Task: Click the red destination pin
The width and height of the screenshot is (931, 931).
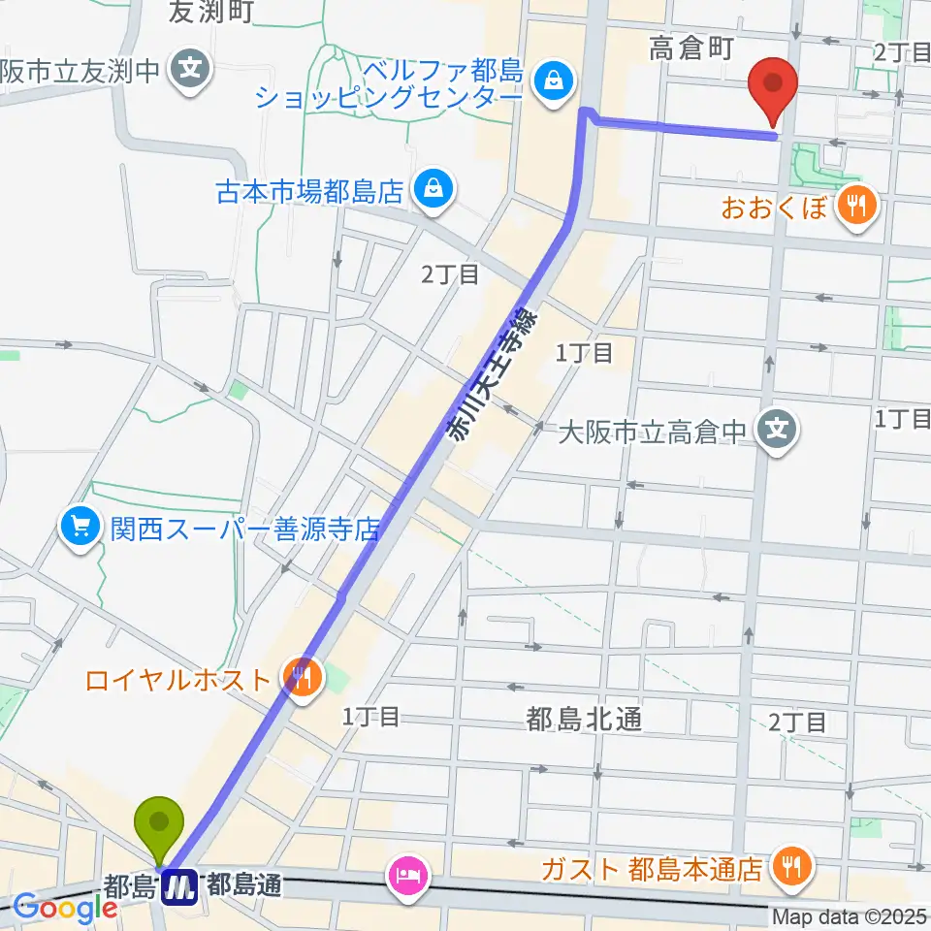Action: click(x=773, y=87)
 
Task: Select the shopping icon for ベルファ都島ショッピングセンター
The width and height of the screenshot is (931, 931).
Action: click(x=552, y=83)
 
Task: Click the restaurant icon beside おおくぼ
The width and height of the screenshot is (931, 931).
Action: click(x=856, y=206)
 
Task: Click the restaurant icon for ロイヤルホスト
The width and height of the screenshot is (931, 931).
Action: click(x=300, y=677)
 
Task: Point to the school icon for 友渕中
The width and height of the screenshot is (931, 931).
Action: click(x=191, y=70)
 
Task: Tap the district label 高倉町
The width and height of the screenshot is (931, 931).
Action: click(x=690, y=49)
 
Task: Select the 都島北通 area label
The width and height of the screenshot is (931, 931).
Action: click(x=584, y=719)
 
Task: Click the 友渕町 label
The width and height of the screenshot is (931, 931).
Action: click(x=210, y=12)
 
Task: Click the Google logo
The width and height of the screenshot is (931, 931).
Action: click(x=65, y=908)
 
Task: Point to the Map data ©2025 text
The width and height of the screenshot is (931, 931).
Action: click(x=850, y=916)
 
